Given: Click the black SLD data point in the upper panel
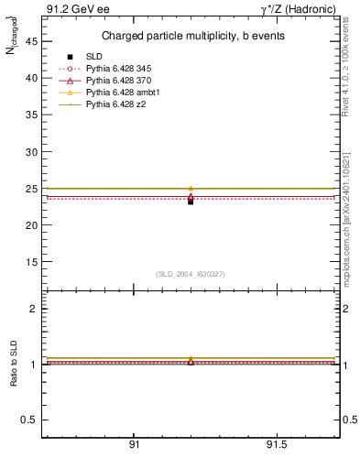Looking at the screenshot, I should coord(191,201).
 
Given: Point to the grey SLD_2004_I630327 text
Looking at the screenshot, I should coord(191,273).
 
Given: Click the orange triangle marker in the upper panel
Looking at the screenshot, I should coord(191,189).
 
